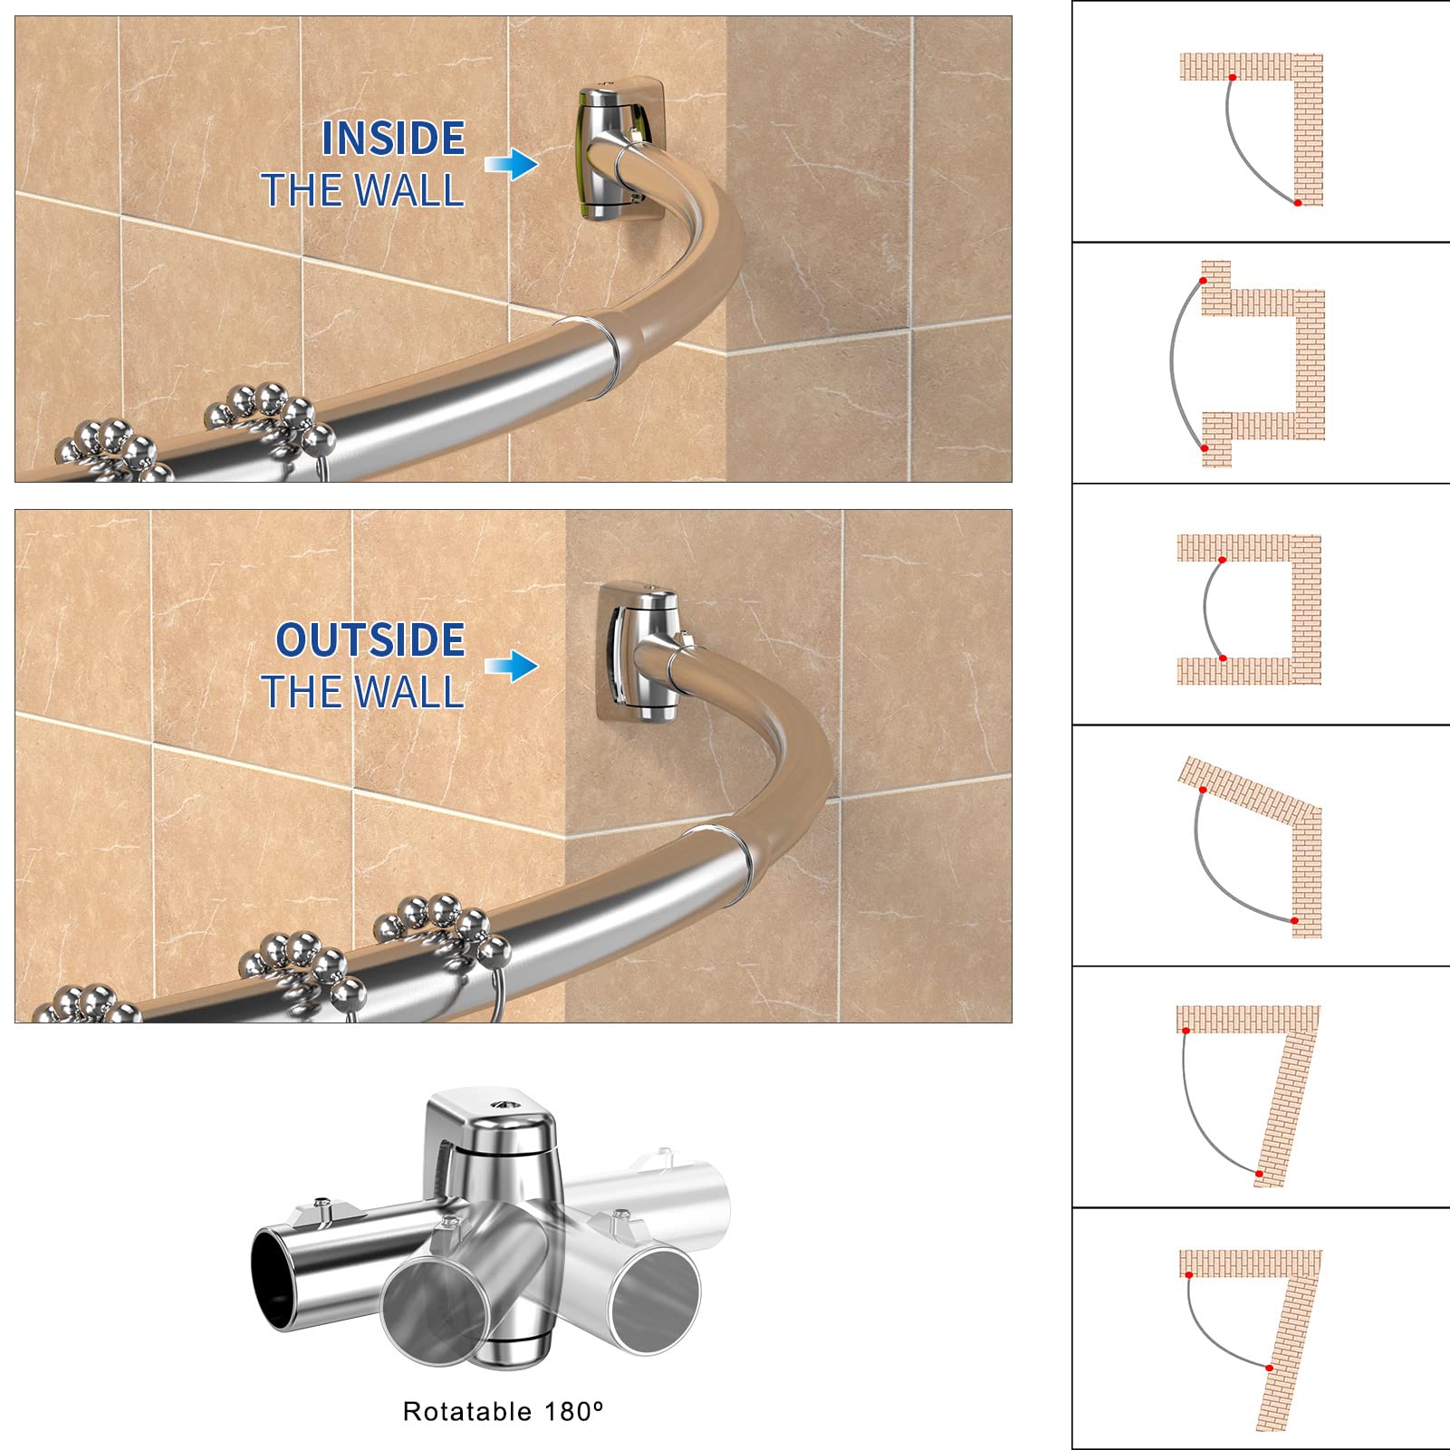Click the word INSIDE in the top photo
pos(393,139)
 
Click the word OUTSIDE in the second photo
pos(370,639)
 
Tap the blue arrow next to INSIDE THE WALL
pos(512,164)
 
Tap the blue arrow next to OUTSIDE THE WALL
pos(512,666)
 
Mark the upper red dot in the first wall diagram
pos(1232,78)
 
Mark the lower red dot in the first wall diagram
pos(1298,203)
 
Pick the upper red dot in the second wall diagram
pos(1203,281)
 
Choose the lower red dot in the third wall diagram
pos(1223,658)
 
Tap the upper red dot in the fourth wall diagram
pos(1203,791)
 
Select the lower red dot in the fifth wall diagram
pos(1259,1174)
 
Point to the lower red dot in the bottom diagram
pos(1270,1368)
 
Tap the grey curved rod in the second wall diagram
pos(1172,362)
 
